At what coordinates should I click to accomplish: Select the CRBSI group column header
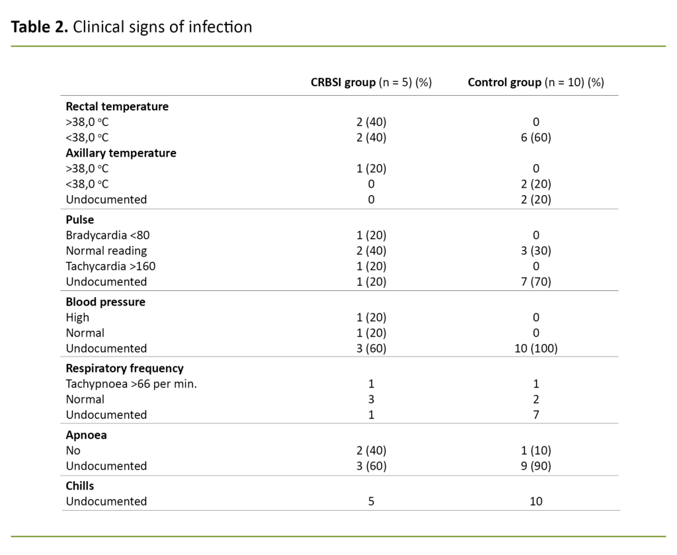371,83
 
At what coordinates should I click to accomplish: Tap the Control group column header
536,83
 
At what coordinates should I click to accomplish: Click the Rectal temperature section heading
117,107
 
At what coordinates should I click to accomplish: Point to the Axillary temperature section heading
121,153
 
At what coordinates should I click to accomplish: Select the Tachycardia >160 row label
110,266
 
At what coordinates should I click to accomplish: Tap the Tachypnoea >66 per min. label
131,384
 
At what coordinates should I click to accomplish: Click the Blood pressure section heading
105,302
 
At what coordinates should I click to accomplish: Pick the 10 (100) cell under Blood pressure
536,348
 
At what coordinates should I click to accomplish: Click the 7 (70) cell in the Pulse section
536,281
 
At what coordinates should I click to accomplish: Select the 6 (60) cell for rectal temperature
536,138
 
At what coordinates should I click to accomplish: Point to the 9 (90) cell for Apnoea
536,466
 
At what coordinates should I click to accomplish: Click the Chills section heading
80,486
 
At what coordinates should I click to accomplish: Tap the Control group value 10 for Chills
536,501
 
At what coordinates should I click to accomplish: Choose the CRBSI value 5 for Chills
371,501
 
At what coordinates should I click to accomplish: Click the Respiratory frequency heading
124,368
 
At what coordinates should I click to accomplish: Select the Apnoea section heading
86,435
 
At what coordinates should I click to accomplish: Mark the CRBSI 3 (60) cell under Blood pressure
371,348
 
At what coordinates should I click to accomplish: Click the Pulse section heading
80,220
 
